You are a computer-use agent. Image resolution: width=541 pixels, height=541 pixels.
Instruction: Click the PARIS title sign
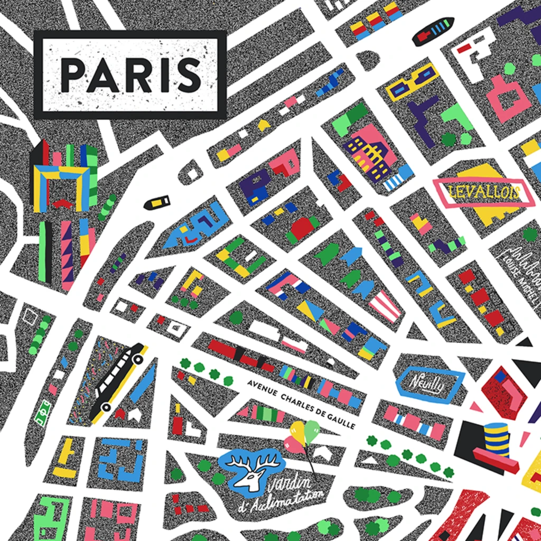click(x=130, y=74)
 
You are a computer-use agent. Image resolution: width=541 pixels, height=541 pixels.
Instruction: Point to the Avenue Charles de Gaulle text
click(x=302, y=404)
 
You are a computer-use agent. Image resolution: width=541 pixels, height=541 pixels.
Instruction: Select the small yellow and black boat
click(x=157, y=202)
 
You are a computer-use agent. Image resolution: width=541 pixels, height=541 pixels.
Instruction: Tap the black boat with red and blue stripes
click(x=433, y=31)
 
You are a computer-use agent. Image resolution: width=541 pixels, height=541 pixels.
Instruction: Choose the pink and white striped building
click(x=384, y=306)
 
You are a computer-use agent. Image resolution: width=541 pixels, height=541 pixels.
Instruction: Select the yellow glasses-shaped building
click(x=412, y=82)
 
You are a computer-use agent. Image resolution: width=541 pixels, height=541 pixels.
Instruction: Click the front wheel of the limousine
click(x=138, y=359)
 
